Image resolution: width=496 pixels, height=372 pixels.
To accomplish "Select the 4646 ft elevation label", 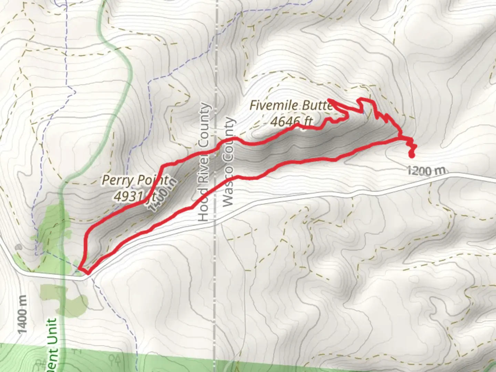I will (x=291, y=121).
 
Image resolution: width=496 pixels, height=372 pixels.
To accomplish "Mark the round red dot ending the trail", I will (x=411, y=155).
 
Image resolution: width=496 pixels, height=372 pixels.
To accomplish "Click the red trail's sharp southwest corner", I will (x=80, y=268).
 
